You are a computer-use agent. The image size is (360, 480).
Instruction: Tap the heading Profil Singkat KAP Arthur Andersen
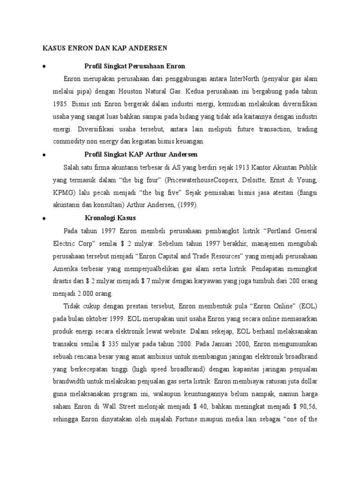[x=141, y=154]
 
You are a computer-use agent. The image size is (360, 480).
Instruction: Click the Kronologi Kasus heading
[x=110, y=217]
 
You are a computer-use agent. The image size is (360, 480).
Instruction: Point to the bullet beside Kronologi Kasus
[x=44, y=218]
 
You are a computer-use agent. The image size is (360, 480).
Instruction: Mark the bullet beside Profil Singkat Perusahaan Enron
[x=44, y=66]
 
